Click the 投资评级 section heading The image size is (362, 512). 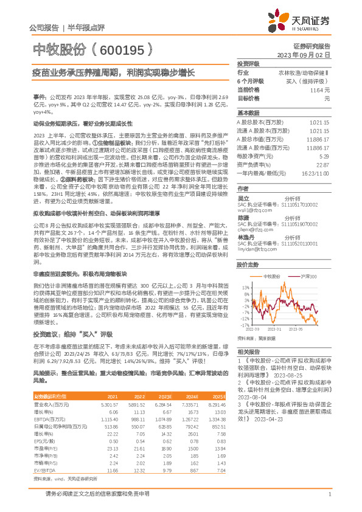(248, 63)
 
